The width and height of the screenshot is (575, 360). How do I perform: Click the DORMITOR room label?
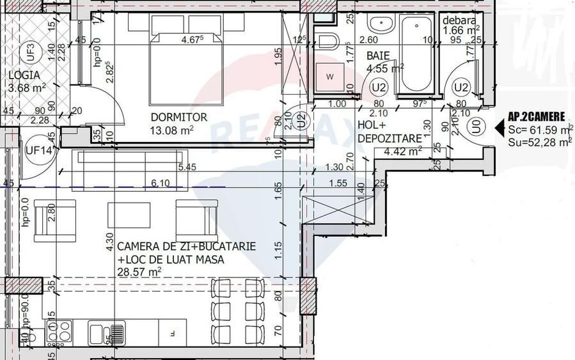178,118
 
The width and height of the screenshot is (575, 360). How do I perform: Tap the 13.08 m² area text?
172,130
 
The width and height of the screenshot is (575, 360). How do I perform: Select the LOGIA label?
24,75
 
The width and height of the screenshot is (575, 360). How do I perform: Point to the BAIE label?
377,56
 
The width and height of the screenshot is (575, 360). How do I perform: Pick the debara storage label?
459,20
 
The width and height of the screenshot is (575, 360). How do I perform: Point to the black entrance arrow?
500,128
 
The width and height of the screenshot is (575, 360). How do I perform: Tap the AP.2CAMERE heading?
537,117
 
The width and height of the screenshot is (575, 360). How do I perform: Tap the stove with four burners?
59,331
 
